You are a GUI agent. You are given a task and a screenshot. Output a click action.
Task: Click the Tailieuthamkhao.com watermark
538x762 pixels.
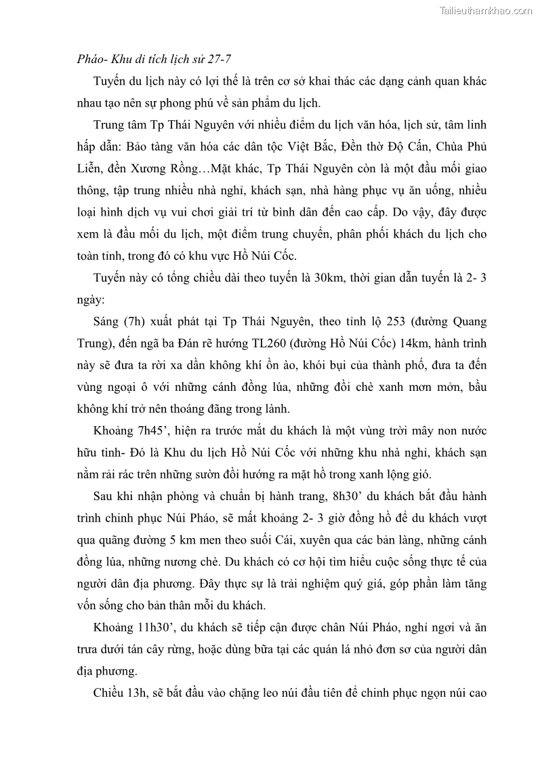(487, 10)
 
